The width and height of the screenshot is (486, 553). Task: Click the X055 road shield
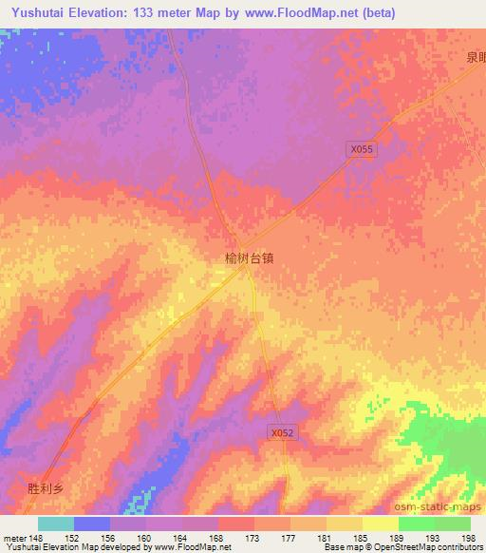point(363,149)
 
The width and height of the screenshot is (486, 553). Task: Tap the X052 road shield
point(276,432)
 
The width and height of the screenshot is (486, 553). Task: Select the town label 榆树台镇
point(249,257)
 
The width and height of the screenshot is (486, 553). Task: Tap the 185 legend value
point(362,538)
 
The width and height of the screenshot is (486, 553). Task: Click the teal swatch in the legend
point(55,524)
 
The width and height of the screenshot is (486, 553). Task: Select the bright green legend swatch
point(417,524)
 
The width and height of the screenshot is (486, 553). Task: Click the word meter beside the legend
point(15,538)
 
